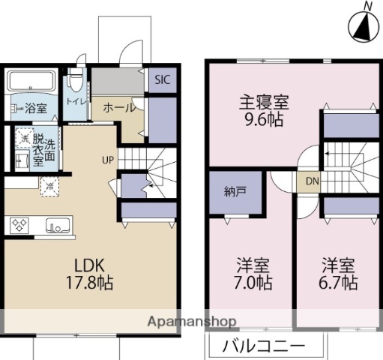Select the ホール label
tap(119, 107)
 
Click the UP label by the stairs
tap(109, 159)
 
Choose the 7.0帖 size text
tap(253, 283)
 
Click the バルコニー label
tap(264, 346)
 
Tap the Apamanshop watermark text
tap(191, 321)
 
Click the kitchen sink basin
tap(56, 224)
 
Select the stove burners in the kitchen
tap(19, 224)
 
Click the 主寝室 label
tap(265, 101)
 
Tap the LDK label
tap(93, 265)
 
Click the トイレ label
tap(75, 101)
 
